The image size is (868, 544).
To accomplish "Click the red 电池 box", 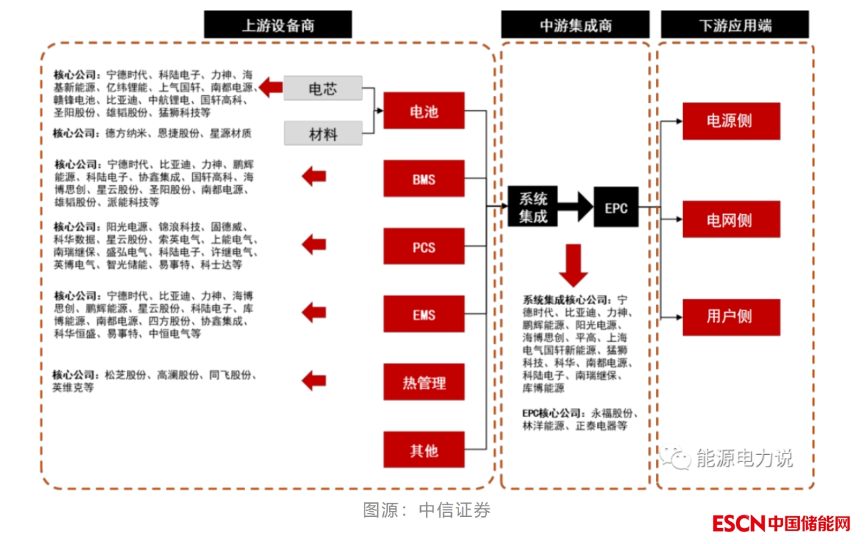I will pos(423,111).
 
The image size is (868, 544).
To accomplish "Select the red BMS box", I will pos(423,178).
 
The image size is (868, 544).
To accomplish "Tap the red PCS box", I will pos(423,247).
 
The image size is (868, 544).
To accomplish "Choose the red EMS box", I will pos(423,315).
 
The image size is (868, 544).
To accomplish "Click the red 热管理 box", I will pos(423,382).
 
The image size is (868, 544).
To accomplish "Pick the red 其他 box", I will pos(423,450).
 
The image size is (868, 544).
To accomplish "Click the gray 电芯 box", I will pos(323,88).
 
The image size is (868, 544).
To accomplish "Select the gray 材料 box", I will pos(323,134).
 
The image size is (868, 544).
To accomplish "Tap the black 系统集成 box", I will pos(532,207).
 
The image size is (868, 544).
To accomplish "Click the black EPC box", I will pos(616,208).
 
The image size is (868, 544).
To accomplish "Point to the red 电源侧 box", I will pos(731,121).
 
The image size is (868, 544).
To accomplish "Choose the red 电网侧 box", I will pos(731,219).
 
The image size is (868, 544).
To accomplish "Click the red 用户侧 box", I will pos(731,317).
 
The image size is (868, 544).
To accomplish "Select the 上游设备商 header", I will pos(277,25).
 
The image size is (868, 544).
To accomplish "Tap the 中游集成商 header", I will pos(575,25).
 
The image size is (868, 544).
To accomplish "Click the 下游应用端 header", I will pos(735,25).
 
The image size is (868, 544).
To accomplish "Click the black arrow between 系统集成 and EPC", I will pos(575,208).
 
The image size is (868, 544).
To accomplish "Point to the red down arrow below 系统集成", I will pos(573,263).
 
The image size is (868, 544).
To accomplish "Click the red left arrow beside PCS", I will pos(314,245).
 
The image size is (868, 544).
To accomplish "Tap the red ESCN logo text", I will pos(738,524).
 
